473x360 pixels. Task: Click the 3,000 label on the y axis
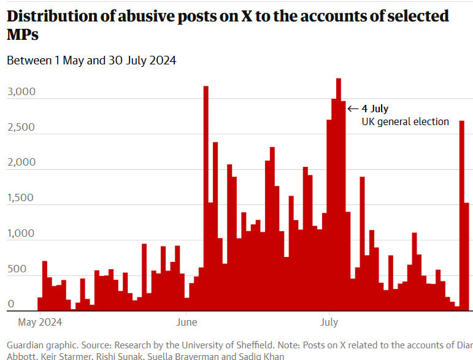[x=22, y=93]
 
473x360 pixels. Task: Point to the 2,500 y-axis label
[x=22, y=128]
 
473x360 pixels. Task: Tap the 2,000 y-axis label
[x=22, y=163]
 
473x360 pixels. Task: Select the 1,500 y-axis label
[x=22, y=199]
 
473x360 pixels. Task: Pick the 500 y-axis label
[x=18, y=269]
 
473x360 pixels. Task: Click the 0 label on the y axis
[x=12, y=304]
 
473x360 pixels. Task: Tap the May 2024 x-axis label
[x=41, y=321]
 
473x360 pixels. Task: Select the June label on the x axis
[x=187, y=321]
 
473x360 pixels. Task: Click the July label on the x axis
[x=329, y=321]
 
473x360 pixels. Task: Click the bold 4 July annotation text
[x=375, y=109]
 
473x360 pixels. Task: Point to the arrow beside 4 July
[x=353, y=109]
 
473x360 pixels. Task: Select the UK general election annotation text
[x=405, y=121]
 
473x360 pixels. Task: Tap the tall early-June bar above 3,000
[x=206, y=196]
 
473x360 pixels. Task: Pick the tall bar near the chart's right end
[x=461, y=215]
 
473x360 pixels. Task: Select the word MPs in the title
[x=23, y=36]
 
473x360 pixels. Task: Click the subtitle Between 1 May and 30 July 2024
[x=92, y=61]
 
